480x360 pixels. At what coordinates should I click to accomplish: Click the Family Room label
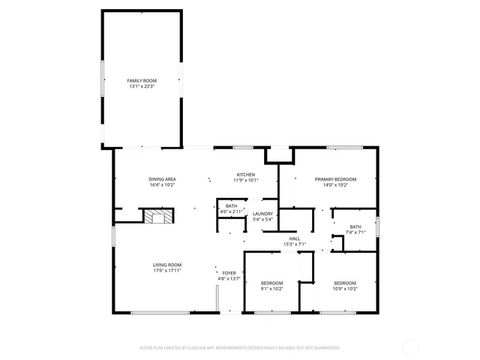point(141,80)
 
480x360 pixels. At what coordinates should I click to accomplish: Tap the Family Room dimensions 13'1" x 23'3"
point(141,86)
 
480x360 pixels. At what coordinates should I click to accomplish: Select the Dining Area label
point(162,178)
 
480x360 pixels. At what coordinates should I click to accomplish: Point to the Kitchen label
point(247,174)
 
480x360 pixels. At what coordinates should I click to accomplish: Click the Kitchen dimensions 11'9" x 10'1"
point(247,180)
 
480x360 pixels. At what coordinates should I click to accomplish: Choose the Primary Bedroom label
point(335,179)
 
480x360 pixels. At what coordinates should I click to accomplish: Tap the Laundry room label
point(262,214)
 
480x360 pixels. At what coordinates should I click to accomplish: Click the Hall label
point(295,238)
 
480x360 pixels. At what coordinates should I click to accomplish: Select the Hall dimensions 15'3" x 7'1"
point(295,244)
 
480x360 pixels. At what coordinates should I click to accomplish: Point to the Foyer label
point(229,273)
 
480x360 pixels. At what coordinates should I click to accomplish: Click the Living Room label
point(167,265)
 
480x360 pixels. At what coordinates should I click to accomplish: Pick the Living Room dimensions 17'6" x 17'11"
point(167,271)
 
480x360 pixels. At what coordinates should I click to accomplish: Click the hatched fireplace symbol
point(158,217)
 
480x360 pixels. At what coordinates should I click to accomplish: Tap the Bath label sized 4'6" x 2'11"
point(231,206)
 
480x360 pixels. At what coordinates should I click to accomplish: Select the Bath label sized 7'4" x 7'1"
point(355,226)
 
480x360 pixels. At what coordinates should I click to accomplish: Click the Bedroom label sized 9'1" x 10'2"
point(271,283)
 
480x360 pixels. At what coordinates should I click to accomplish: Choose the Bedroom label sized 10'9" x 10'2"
point(345,283)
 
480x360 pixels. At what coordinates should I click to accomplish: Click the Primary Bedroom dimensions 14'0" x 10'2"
point(335,185)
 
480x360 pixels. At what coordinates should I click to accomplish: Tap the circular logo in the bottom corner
point(410,347)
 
